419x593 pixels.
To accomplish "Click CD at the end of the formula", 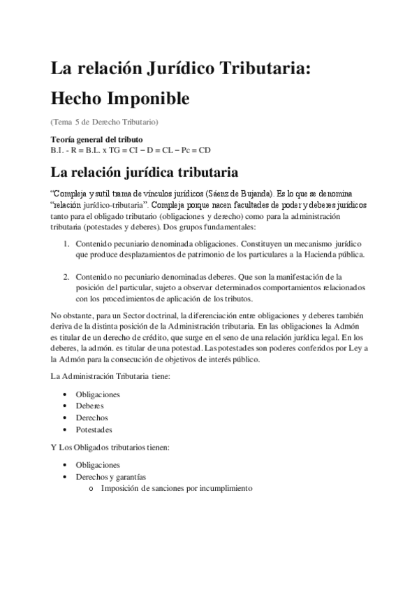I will (204, 150).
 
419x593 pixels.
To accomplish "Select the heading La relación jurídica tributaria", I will (145, 171).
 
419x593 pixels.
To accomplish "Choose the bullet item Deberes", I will (90, 406).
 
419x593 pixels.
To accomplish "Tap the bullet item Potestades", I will (94, 429).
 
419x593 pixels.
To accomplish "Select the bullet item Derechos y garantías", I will (111, 477).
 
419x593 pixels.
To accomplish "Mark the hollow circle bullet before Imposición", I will (91, 488).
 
